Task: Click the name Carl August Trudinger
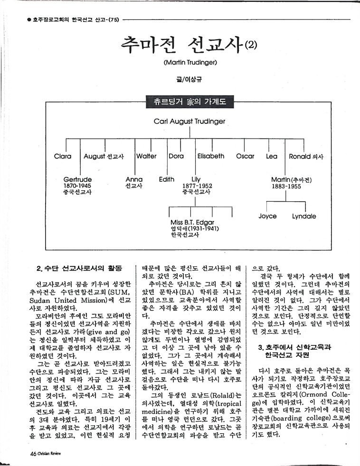(x=189, y=122)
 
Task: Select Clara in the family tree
(x=63, y=156)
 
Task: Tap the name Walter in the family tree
(x=146, y=156)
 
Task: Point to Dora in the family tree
(x=177, y=156)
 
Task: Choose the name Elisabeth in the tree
(x=211, y=156)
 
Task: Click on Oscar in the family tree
(x=245, y=156)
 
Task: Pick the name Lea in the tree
(x=272, y=156)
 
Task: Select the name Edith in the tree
(x=167, y=179)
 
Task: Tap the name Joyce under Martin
(x=267, y=216)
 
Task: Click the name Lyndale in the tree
(x=304, y=216)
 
